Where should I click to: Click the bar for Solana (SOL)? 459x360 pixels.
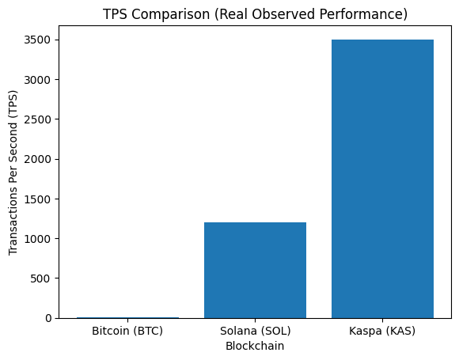point(255,270)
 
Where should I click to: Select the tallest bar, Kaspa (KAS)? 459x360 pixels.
point(382,179)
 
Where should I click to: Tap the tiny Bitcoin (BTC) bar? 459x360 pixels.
point(127,317)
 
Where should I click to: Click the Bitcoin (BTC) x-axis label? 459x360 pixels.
point(127,331)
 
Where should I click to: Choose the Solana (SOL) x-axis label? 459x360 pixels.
point(255,331)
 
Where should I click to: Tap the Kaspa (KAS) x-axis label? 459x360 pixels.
point(382,331)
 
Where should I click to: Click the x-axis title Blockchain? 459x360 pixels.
point(255,346)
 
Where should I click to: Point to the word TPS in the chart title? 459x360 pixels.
point(115,14)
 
